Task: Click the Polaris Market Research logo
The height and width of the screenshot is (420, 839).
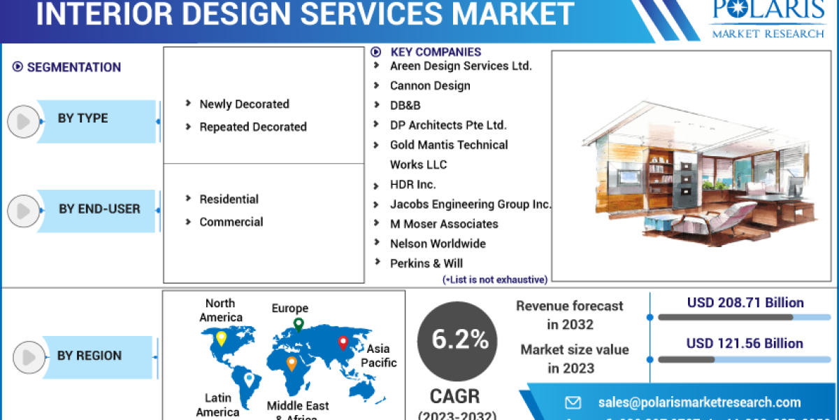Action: click(x=767, y=20)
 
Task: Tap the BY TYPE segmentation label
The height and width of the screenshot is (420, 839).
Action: click(x=83, y=118)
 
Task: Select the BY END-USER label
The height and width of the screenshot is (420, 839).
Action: click(x=99, y=209)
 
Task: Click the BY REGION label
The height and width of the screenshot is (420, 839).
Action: click(x=89, y=356)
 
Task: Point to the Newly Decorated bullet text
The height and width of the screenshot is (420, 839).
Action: click(x=244, y=104)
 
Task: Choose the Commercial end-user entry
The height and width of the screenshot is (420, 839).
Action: click(x=231, y=222)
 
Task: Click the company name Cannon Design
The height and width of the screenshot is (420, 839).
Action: click(x=430, y=85)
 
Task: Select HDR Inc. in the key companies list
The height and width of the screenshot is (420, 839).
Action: click(x=413, y=185)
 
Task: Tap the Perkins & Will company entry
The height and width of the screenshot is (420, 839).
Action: click(x=426, y=263)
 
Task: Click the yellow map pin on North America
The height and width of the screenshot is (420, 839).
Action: click(x=221, y=339)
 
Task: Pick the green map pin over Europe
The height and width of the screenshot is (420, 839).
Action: click(x=299, y=324)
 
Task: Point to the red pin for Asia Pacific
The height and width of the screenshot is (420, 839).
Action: click(x=343, y=343)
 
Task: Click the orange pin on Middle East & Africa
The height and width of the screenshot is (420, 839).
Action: click(x=292, y=363)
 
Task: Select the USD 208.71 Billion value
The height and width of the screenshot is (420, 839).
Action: click(x=745, y=303)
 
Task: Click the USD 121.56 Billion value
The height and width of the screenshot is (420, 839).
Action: click(x=745, y=344)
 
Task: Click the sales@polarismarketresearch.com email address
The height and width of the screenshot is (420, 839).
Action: click(x=699, y=402)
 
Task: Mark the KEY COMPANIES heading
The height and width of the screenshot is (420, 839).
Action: click(x=435, y=52)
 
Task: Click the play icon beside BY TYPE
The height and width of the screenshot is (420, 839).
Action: click(x=23, y=122)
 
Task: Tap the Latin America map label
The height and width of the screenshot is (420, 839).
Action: click(x=217, y=405)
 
